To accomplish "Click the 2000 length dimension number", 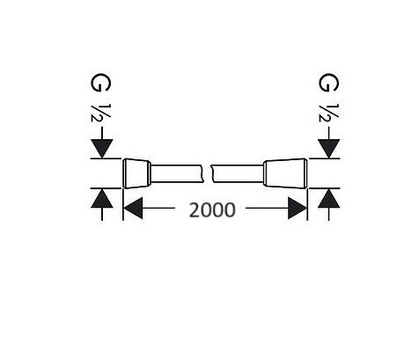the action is tap(212, 209).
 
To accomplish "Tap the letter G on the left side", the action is tap(100, 83).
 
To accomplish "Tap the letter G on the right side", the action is tap(328, 83).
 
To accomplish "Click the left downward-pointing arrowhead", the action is tap(102, 149).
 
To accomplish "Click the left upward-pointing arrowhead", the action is tap(102, 198).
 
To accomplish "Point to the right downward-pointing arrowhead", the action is tap(329, 149).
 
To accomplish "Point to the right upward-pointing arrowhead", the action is tap(329, 198).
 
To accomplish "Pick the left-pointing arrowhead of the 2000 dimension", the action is tap(133, 208).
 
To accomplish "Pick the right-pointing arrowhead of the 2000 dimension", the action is tap(298, 208).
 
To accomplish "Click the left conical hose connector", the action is tap(136, 173).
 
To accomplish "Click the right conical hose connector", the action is tap(285, 173).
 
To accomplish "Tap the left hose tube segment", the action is tap(178, 173).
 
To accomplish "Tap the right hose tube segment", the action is tap(238, 173).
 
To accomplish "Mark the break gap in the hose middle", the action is tap(208, 173).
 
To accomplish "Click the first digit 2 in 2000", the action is tap(195, 209).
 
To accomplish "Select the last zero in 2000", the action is tap(230, 209).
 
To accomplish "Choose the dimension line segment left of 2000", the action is tap(158, 208).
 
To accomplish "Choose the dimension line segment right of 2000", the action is tap(267, 208).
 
